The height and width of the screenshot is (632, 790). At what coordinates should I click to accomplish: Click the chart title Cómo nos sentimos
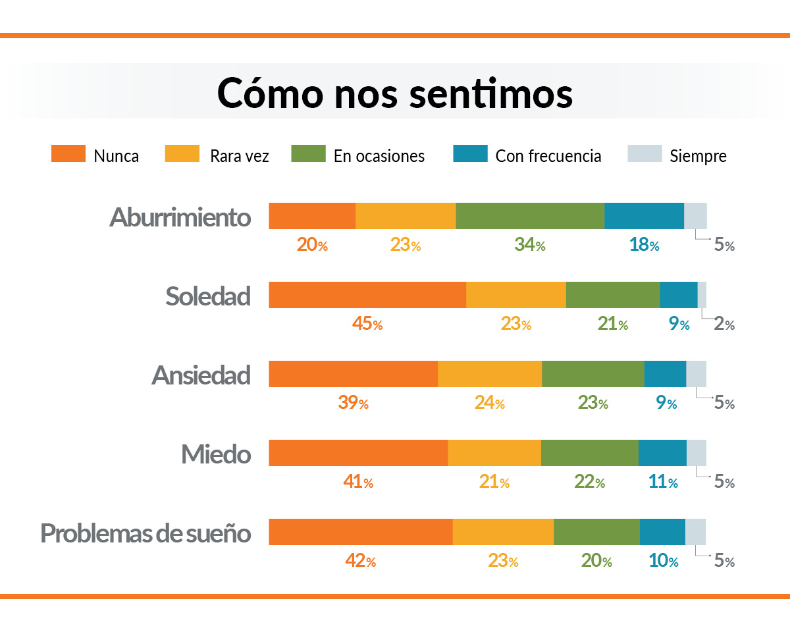[395, 93]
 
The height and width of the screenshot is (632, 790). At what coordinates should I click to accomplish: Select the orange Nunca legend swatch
[68, 154]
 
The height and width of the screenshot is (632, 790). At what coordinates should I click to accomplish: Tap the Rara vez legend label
[240, 156]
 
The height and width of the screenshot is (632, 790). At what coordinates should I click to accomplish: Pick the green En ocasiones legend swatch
[308, 154]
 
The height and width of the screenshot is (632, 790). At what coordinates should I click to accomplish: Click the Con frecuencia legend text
[548, 156]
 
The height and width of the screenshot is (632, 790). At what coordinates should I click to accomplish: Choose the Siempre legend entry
[698, 156]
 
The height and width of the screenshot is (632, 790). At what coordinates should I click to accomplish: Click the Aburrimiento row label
[180, 217]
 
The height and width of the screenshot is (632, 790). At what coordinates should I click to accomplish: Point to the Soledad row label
[208, 296]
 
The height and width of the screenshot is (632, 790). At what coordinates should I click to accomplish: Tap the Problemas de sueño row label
[146, 533]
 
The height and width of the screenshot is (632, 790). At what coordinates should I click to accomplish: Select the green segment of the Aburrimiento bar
[530, 216]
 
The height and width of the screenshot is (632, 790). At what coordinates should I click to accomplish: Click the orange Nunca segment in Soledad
[367, 295]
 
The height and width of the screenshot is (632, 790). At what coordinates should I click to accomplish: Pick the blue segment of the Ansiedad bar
[665, 374]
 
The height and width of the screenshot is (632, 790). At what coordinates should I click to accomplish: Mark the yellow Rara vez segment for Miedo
[494, 453]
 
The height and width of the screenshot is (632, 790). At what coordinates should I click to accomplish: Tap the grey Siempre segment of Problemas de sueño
[696, 532]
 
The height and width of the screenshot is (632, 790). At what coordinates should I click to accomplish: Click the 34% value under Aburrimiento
[529, 245]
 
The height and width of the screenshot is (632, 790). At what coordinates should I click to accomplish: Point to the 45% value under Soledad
[367, 324]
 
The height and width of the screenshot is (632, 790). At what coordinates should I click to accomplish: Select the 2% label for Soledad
[724, 324]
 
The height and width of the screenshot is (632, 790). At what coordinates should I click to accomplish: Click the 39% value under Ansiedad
[353, 403]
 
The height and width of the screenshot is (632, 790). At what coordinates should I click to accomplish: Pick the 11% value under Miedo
[663, 482]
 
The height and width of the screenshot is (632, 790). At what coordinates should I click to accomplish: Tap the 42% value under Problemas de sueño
[360, 561]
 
